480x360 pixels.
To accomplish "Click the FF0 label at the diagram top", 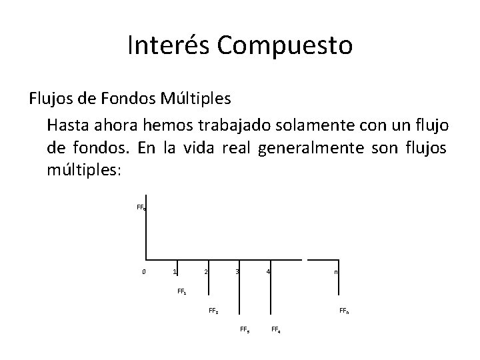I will point(141,207).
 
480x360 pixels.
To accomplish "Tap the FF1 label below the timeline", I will point(181,291).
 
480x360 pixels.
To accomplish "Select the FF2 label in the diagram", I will point(213,310).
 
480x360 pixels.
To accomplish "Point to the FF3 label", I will point(244,329).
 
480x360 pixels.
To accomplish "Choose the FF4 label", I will point(276,329).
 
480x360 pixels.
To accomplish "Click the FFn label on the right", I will point(343,310).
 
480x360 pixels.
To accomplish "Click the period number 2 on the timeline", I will point(205,271).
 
